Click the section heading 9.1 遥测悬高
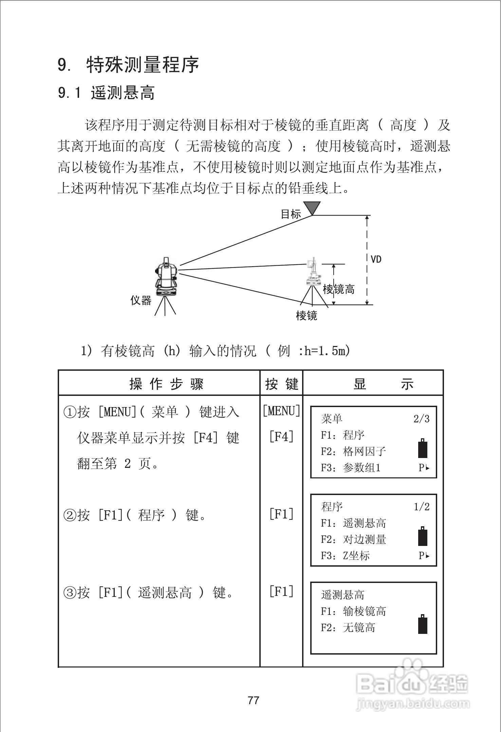point(106,93)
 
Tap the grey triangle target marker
point(312,207)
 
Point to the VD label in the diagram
point(376,259)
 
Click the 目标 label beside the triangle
point(291,214)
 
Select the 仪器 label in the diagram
point(141,300)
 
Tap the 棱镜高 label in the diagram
point(338,289)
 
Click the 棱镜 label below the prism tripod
point(307,315)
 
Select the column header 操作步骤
point(166,384)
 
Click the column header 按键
point(282,384)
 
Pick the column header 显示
point(384,384)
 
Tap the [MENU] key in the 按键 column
point(281,411)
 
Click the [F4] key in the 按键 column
point(281,437)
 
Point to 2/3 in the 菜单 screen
point(421,419)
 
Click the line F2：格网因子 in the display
point(353,451)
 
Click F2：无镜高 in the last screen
point(348,627)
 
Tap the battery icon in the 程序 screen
point(423,537)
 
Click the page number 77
point(254,700)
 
